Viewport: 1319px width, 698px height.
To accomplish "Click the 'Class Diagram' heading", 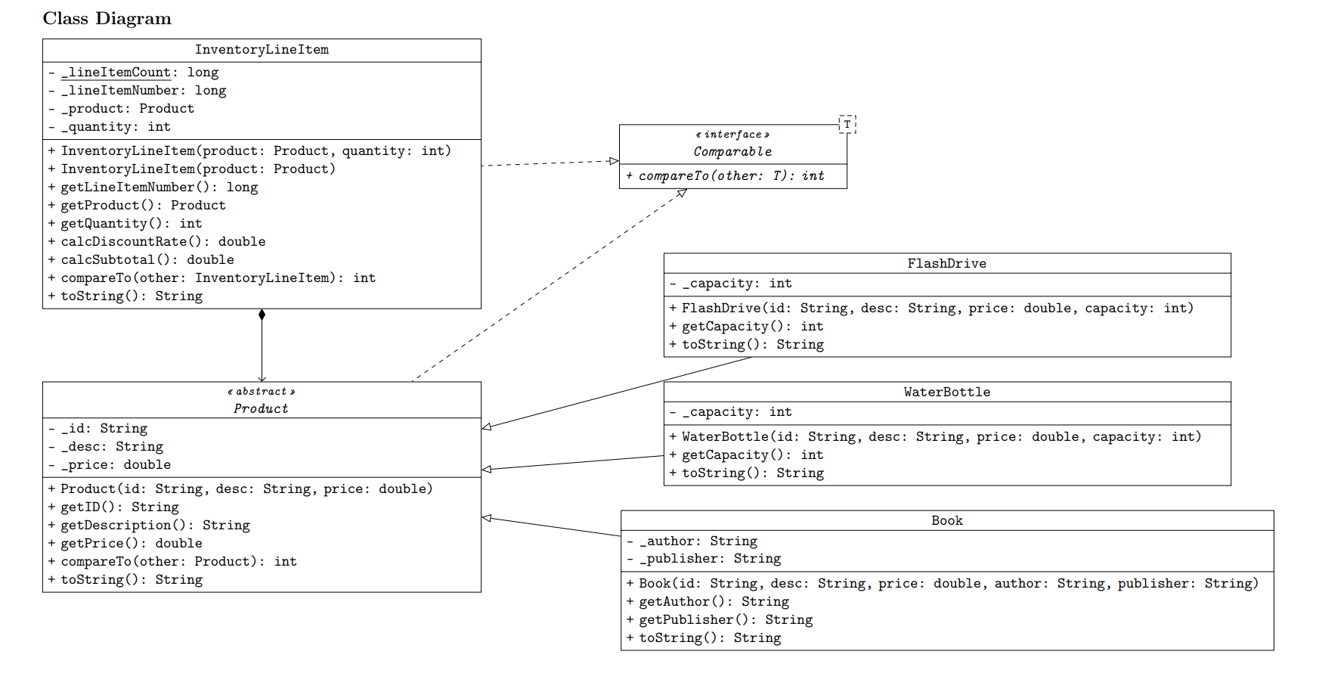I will [x=107, y=18].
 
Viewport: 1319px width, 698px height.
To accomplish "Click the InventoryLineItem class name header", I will [x=262, y=50].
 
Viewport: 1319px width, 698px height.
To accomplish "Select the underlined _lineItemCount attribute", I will [x=116, y=73].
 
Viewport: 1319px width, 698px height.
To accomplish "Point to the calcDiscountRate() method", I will [x=162, y=241].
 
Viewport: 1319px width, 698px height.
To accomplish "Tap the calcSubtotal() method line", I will [x=147, y=259].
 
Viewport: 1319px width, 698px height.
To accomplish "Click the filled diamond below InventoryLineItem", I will [x=262, y=315].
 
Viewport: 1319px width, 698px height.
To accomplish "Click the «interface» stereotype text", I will [x=732, y=135].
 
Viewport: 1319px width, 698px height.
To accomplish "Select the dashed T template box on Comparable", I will [x=847, y=124].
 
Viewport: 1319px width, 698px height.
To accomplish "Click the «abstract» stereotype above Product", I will [x=261, y=392].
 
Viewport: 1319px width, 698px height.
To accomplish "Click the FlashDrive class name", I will [x=946, y=263].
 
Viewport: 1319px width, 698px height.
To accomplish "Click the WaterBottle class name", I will [x=946, y=392].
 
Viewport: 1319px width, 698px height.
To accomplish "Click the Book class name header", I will [x=946, y=520].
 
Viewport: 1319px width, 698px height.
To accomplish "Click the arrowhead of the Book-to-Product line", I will [x=487, y=518].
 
